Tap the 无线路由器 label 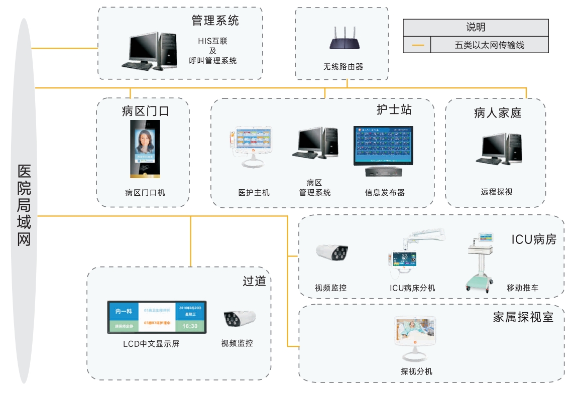coord(343,66)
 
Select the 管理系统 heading coord(215,21)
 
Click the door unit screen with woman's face coord(145,149)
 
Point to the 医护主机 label coord(254,192)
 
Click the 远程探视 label coord(496,192)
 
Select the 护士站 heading coord(394,109)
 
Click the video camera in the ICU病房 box coord(332,252)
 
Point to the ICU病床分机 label coord(412,288)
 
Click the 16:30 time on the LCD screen coord(189,326)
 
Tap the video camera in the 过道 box coord(239,318)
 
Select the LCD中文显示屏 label coord(151,344)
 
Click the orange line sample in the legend coord(418,45)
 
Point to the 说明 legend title coord(476,28)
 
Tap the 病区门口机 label coord(145,192)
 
